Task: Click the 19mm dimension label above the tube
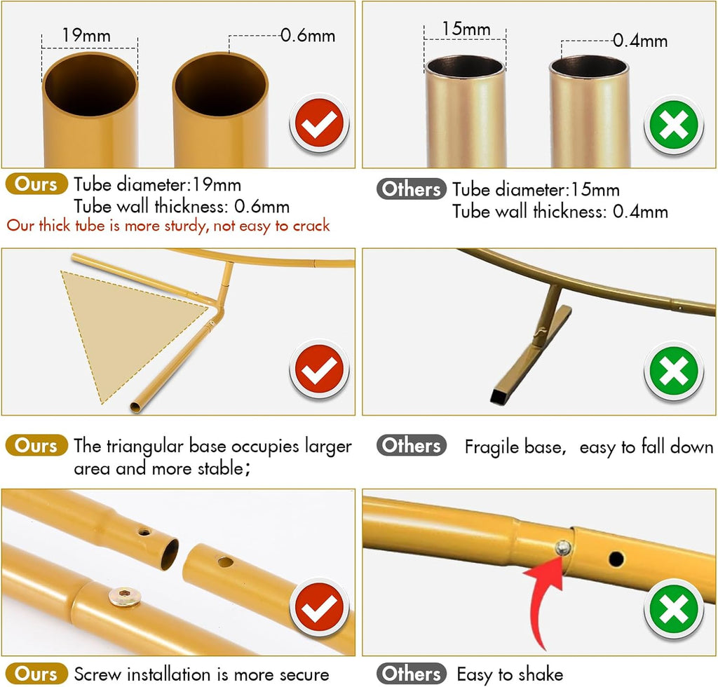coord(86,35)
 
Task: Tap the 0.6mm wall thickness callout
coord(308,35)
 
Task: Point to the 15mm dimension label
coord(466,29)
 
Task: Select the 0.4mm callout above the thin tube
coord(640,41)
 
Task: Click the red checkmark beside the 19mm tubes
coord(320,123)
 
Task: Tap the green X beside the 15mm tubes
coord(674,125)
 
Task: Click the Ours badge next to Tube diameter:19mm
coord(36,184)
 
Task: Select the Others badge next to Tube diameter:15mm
coord(411,189)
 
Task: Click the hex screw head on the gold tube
coord(125,597)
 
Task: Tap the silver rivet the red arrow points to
coord(563,547)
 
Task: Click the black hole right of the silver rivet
coord(616,559)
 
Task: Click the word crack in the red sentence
coord(311,225)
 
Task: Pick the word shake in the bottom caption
coord(541,674)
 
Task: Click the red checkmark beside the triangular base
coord(320,369)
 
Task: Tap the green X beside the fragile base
coord(674,371)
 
